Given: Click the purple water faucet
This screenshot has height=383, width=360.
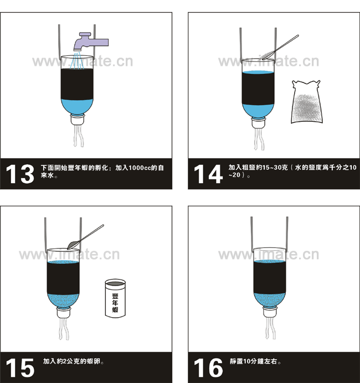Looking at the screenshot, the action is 90,42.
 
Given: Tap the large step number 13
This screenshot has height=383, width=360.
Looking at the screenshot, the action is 20,174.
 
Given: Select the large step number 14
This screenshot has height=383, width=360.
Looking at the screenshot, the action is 208,174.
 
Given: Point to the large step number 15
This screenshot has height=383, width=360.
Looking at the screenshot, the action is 20,368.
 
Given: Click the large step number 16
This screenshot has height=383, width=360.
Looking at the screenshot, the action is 208,368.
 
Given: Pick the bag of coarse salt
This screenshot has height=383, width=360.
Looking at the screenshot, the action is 306,102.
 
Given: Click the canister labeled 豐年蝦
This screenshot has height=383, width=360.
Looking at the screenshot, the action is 115,299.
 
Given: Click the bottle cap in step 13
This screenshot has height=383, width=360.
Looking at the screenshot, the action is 77,120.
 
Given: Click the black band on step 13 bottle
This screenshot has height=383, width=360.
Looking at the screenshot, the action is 77,84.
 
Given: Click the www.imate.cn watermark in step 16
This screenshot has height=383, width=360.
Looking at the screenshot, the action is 269,255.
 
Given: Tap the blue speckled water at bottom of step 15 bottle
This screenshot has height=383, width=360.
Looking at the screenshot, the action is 63,301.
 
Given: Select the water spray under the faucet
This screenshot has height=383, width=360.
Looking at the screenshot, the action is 78,60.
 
